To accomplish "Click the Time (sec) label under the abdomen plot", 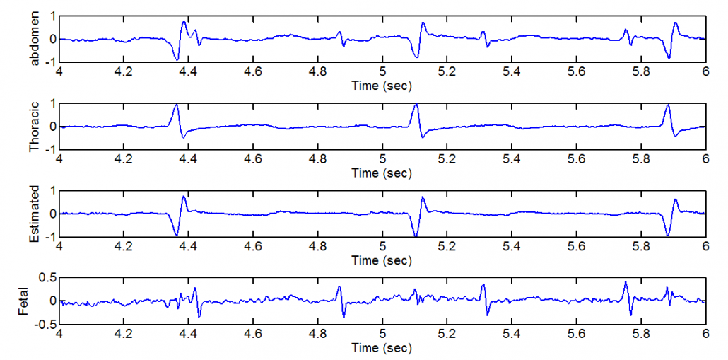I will tap(382, 86).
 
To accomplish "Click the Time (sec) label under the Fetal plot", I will tap(382, 348).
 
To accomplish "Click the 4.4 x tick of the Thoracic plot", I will tap(188, 159).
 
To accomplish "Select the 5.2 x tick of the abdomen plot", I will tap(447, 71).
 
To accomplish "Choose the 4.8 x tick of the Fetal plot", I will tap(317, 334).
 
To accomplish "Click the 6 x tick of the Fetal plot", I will tap(705, 334).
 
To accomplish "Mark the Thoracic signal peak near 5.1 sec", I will tap(416, 105).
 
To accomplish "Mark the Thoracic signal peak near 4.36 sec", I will tap(177, 105).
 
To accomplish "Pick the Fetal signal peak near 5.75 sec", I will tap(626, 282).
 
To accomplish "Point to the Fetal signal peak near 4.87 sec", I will tap(339, 286).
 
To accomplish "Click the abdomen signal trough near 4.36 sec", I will tap(177, 60).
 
